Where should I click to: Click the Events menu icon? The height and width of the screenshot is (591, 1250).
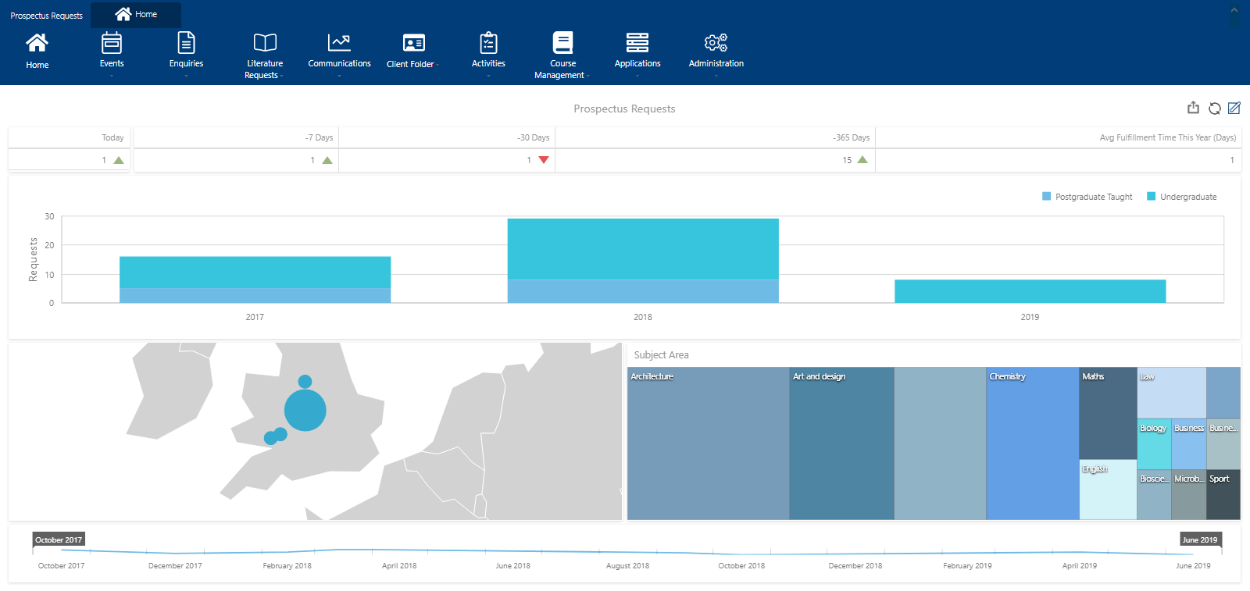point(112,42)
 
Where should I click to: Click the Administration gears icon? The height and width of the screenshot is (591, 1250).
point(716,42)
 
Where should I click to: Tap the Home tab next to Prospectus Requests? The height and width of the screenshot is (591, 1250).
point(136,14)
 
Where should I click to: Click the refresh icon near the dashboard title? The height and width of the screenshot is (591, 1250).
point(1215,109)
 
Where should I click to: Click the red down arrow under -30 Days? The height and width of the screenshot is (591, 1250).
point(544,160)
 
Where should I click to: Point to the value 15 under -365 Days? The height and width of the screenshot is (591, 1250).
point(847,160)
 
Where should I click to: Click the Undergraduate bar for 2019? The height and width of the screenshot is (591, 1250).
point(1030,291)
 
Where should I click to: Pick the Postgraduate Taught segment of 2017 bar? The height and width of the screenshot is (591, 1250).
point(255,295)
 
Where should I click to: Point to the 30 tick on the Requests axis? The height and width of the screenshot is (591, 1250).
point(49,216)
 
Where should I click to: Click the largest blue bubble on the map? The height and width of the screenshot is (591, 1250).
point(305,410)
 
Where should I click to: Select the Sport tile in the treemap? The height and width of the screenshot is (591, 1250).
point(1223,494)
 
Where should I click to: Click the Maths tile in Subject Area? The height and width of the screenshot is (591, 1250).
point(1107,413)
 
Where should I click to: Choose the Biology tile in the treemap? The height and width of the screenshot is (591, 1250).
point(1153,443)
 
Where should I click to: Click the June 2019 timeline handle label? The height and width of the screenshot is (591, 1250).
point(1199,539)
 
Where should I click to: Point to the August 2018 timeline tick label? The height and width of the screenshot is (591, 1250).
point(627,565)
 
